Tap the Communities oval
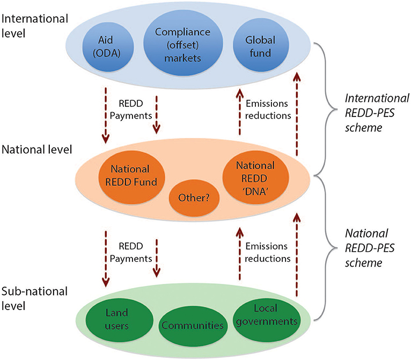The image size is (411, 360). (193, 325)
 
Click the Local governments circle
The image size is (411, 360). (266, 317)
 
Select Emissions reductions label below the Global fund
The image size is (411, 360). (267, 108)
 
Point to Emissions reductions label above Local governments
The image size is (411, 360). (267, 252)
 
